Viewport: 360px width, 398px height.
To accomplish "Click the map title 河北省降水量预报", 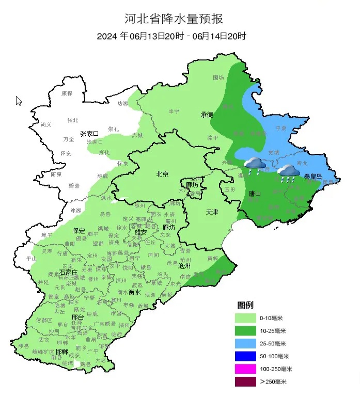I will pyautogui.click(x=174, y=20).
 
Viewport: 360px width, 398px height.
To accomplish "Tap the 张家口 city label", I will pyautogui.click(x=89, y=134).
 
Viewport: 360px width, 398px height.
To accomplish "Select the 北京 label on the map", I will pyautogui.click(x=163, y=174).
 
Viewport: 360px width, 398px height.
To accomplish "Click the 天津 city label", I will pyautogui.click(x=212, y=212).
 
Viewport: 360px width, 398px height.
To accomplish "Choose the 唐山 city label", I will pyautogui.click(x=255, y=194).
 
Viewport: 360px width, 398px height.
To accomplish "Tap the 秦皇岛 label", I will pyautogui.click(x=313, y=177).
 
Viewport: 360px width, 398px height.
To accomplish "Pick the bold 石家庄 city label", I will pyautogui.click(x=69, y=272).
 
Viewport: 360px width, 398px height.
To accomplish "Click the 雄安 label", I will pyautogui.click(x=140, y=232).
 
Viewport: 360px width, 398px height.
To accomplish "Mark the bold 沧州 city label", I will pyautogui.click(x=184, y=266).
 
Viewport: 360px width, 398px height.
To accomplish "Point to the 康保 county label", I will pyautogui.click(x=67, y=93).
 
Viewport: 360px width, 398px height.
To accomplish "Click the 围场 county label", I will pyautogui.click(x=218, y=77).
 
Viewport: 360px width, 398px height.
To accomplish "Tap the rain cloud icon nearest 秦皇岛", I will pyautogui.click(x=287, y=172).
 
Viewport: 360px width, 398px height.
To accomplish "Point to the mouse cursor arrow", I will pyautogui.click(x=19, y=101).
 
